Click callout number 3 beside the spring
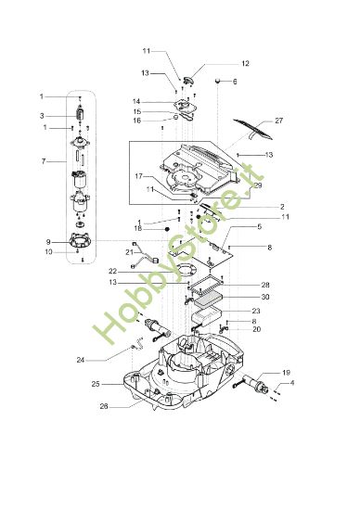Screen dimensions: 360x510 click(x=42, y=116)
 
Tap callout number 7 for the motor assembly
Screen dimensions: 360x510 click(x=44, y=161)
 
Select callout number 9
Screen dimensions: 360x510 click(x=48, y=242)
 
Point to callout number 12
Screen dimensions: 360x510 click(x=246, y=63)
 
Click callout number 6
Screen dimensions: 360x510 click(x=235, y=82)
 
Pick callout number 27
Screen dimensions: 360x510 click(x=279, y=121)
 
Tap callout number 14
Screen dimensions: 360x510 click(x=136, y=101)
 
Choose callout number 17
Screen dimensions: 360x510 click(x=139, y=176)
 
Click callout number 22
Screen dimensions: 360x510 click(x=112, y=271)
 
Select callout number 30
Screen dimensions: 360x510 click(x=265, y=297)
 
